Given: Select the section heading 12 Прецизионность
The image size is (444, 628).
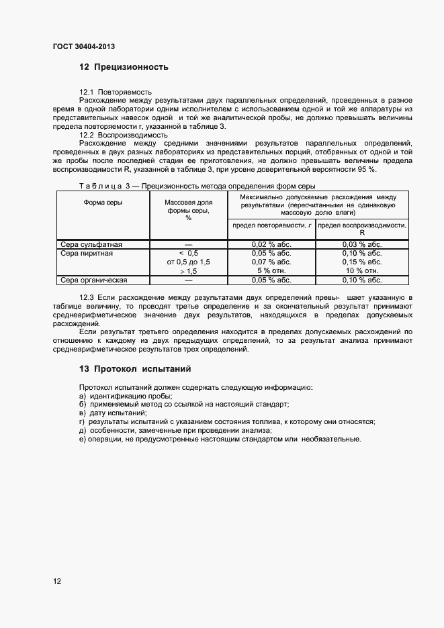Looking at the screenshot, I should [124, 67].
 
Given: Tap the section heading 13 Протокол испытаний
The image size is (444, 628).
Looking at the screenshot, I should [135, 368].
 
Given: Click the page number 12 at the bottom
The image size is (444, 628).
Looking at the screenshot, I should [57, 581].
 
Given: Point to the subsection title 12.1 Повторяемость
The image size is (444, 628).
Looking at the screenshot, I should [116, 91].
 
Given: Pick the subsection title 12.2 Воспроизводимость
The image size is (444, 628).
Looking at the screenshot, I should [124, 135].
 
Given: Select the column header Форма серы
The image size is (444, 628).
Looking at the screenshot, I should [103, 202].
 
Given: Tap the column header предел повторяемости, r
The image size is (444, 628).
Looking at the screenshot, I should [272, 225].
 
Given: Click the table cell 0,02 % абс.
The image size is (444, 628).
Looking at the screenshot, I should [271, 245].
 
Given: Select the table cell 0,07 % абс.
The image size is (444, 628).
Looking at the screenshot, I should [271, 262].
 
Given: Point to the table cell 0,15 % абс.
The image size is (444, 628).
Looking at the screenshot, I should [362, 262].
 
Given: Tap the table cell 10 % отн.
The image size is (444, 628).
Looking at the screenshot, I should [362, 271].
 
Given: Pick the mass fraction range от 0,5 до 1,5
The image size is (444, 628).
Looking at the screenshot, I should [188, 262].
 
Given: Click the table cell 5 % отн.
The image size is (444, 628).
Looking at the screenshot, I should [271, 271].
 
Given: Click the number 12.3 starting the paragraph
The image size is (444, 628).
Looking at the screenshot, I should [87, 297].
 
